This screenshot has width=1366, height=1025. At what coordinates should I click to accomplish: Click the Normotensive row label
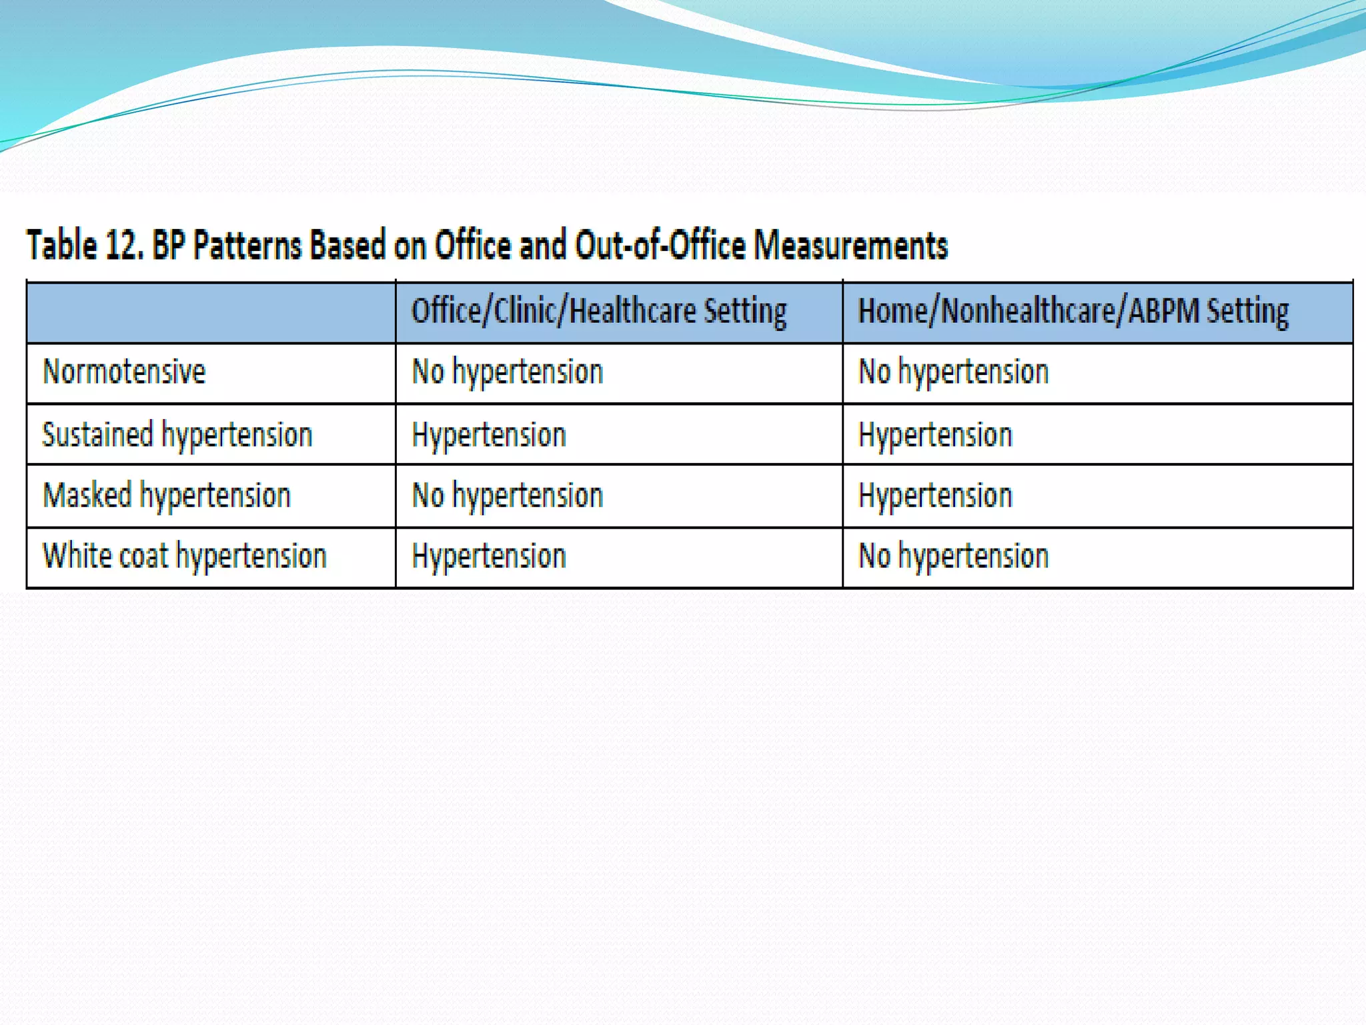coord(124,372)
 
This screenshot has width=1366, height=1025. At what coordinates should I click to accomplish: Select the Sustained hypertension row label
coord(177,435)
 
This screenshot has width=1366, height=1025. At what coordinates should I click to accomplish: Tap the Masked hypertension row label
coord(167,496)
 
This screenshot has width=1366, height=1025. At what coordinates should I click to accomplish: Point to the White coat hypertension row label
coord(185,556)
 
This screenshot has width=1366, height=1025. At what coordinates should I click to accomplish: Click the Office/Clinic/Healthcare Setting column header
coord(599,312)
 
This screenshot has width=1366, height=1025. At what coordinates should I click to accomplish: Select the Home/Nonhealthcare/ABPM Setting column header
coord(1073,312)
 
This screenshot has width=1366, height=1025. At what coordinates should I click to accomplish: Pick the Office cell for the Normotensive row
coord(508,372)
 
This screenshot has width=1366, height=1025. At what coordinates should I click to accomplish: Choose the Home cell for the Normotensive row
coord(954,372)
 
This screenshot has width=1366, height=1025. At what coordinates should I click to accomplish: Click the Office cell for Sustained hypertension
coord(489,435)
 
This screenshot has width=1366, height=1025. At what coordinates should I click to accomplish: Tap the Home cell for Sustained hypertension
coord(935,435)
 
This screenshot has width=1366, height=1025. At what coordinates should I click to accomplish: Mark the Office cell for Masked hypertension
coord(508,496)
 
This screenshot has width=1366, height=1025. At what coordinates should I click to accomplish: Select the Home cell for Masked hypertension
coord(935,496)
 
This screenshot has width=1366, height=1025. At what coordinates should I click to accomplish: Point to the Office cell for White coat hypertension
coord(489,556)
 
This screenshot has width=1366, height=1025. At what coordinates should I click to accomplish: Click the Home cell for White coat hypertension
coord(954,556)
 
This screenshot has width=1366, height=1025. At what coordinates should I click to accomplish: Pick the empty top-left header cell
coord(211,312)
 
